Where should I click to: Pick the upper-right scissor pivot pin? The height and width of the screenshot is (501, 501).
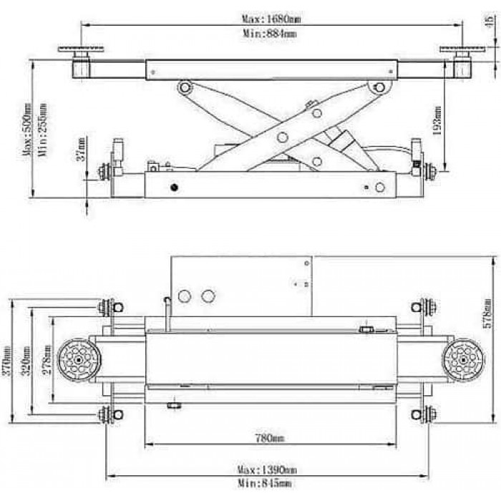point(379,88)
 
